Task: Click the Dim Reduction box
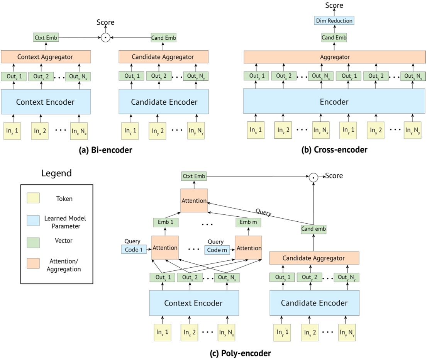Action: click(x=334, y=21)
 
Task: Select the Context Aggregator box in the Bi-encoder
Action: click(x=46, y=57)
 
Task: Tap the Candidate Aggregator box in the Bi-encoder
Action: click(x=163, y=57)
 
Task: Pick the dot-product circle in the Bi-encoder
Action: click(x=105, y=37)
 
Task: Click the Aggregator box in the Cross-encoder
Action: click(x=334, y=57)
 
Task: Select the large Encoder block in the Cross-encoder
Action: click(x=334, y=102)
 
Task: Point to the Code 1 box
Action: click(x=134, y=250)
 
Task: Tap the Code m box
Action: click(x=217, y=250)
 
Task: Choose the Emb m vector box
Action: click(x=249, y=222)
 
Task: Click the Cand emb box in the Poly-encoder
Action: click(x=313, y=229)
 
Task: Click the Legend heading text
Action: click(x=56, y=173)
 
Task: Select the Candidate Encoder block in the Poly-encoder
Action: click(x=314, y=303)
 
